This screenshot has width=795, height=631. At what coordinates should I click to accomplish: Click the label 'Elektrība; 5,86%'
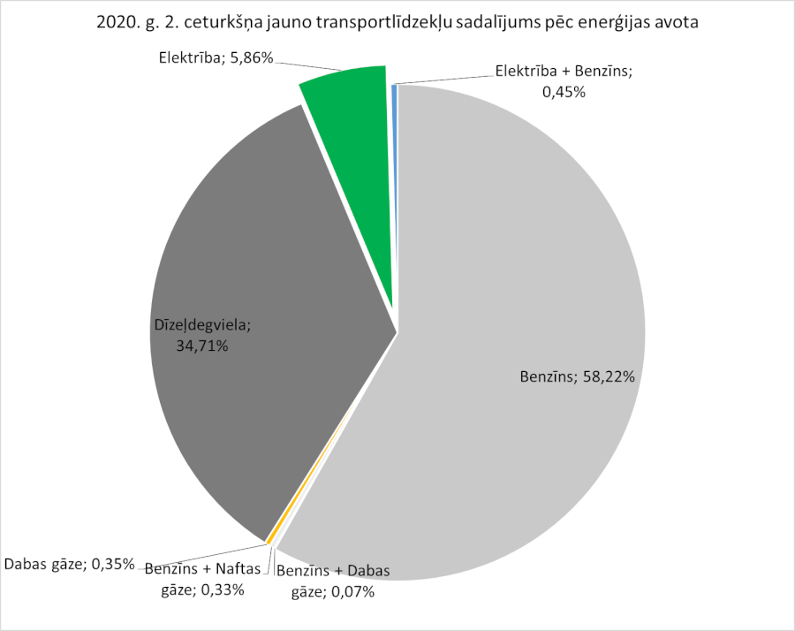click(216, 58)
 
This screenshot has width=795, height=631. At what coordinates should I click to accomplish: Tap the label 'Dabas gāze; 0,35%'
click(69, 563)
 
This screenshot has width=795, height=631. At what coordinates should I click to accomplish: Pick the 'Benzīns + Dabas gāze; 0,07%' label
click(333, 581)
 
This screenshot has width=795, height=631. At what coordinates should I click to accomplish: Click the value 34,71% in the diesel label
click(202, 346)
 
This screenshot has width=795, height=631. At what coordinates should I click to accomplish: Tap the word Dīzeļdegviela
click(202, 326)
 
